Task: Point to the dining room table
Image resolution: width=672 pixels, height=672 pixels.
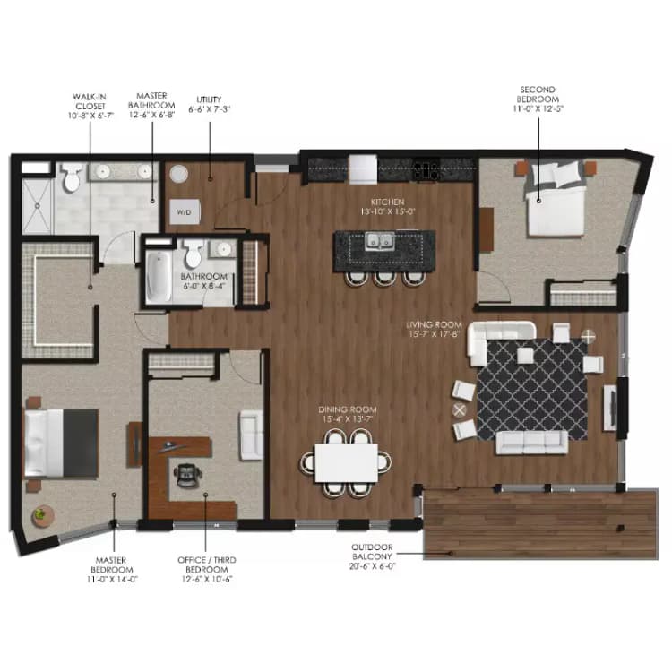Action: (x=347, y=462)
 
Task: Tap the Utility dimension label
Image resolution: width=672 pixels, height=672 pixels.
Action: (x=210, y=103)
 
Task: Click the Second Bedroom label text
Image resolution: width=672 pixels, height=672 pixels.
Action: (x=538, y=98)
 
